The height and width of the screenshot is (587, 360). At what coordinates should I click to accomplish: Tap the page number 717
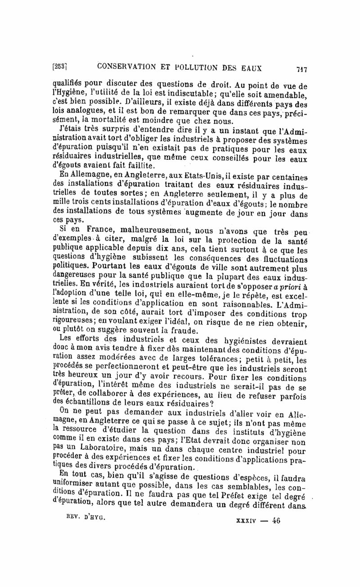(x=301, y=69)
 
